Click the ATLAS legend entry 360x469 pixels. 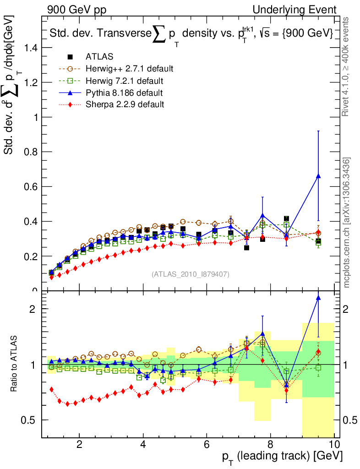[99, 57]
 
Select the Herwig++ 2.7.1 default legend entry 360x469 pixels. [129, 69]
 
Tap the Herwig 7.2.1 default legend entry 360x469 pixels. [125, 81]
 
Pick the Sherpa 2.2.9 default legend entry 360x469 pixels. [125, 104]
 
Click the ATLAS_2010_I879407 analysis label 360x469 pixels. [191, 274]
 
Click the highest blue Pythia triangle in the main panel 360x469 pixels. [318, 176]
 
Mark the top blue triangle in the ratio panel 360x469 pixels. [318, 298]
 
